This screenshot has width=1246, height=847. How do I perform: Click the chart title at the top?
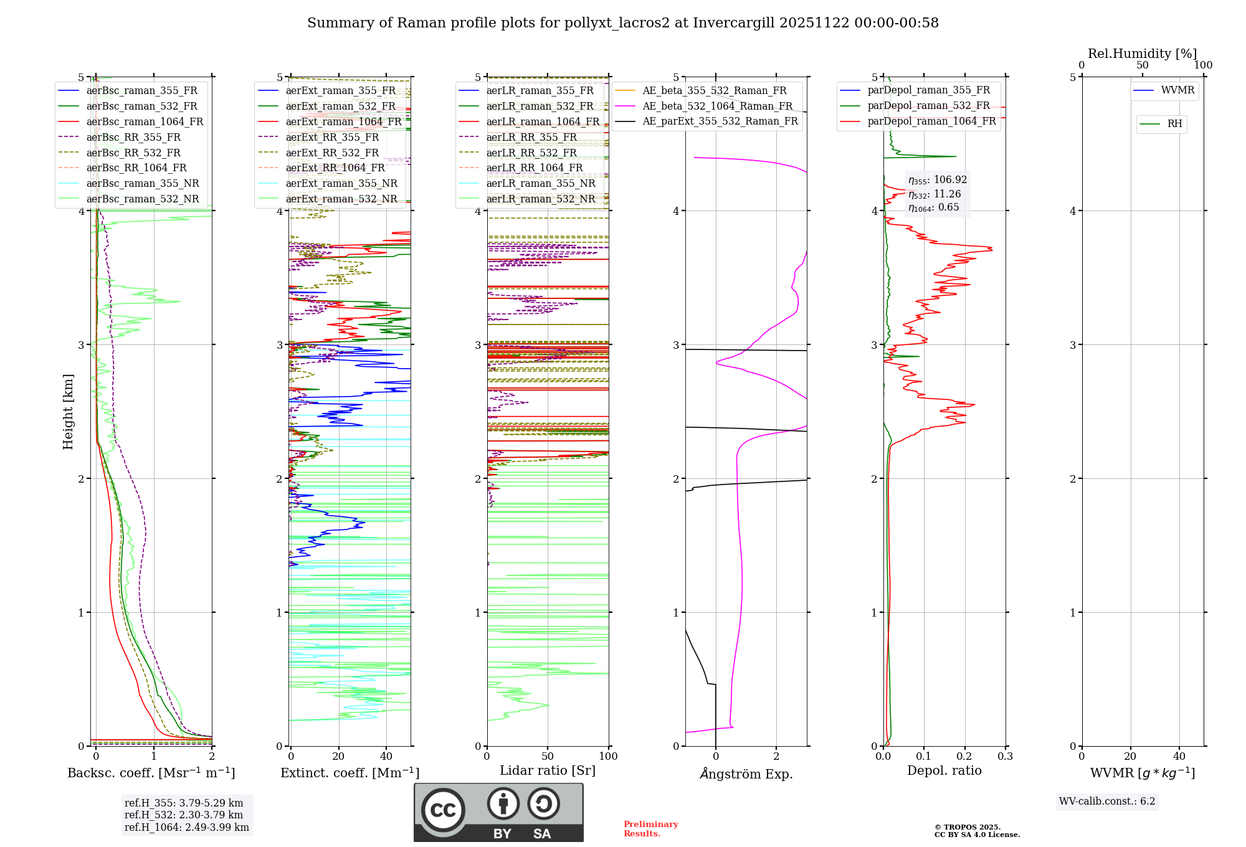click(x=622, y=23)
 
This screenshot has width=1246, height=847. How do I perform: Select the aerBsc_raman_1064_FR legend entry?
click(x=145, y=121)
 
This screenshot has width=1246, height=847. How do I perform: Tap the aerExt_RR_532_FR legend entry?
click(x=332, y=153)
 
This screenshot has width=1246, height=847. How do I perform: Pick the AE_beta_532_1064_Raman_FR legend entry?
click(x=717, y=106)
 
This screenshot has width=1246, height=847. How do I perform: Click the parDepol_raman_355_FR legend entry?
click(x=928, y=90)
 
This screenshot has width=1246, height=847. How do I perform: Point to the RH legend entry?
click(x=1174, y=124)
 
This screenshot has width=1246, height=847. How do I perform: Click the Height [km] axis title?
click(x=68, y=411)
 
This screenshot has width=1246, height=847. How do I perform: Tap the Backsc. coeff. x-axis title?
click(x=151, y=773)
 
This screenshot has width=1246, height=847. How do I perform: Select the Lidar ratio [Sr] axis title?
click(x=548, y=770)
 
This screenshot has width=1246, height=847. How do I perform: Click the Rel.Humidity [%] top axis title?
click(x=1142, y=54)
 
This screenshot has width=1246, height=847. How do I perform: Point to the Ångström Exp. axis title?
click(x=746, y=774)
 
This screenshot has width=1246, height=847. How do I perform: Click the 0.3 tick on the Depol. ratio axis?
click(x=1005, y=757)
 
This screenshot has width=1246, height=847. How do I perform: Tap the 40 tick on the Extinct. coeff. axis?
click(x=386, y=757)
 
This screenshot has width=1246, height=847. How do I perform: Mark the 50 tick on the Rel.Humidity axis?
click(x=1142, y=65)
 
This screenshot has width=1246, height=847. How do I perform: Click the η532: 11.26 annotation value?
click(x=934, y=194)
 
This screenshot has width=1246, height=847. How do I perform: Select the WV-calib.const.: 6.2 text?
click(x=1107, y=802)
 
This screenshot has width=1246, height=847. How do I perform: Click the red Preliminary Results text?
click(x=650, y=829)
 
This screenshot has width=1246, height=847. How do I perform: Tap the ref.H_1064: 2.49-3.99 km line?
click(x=186, y=828)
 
